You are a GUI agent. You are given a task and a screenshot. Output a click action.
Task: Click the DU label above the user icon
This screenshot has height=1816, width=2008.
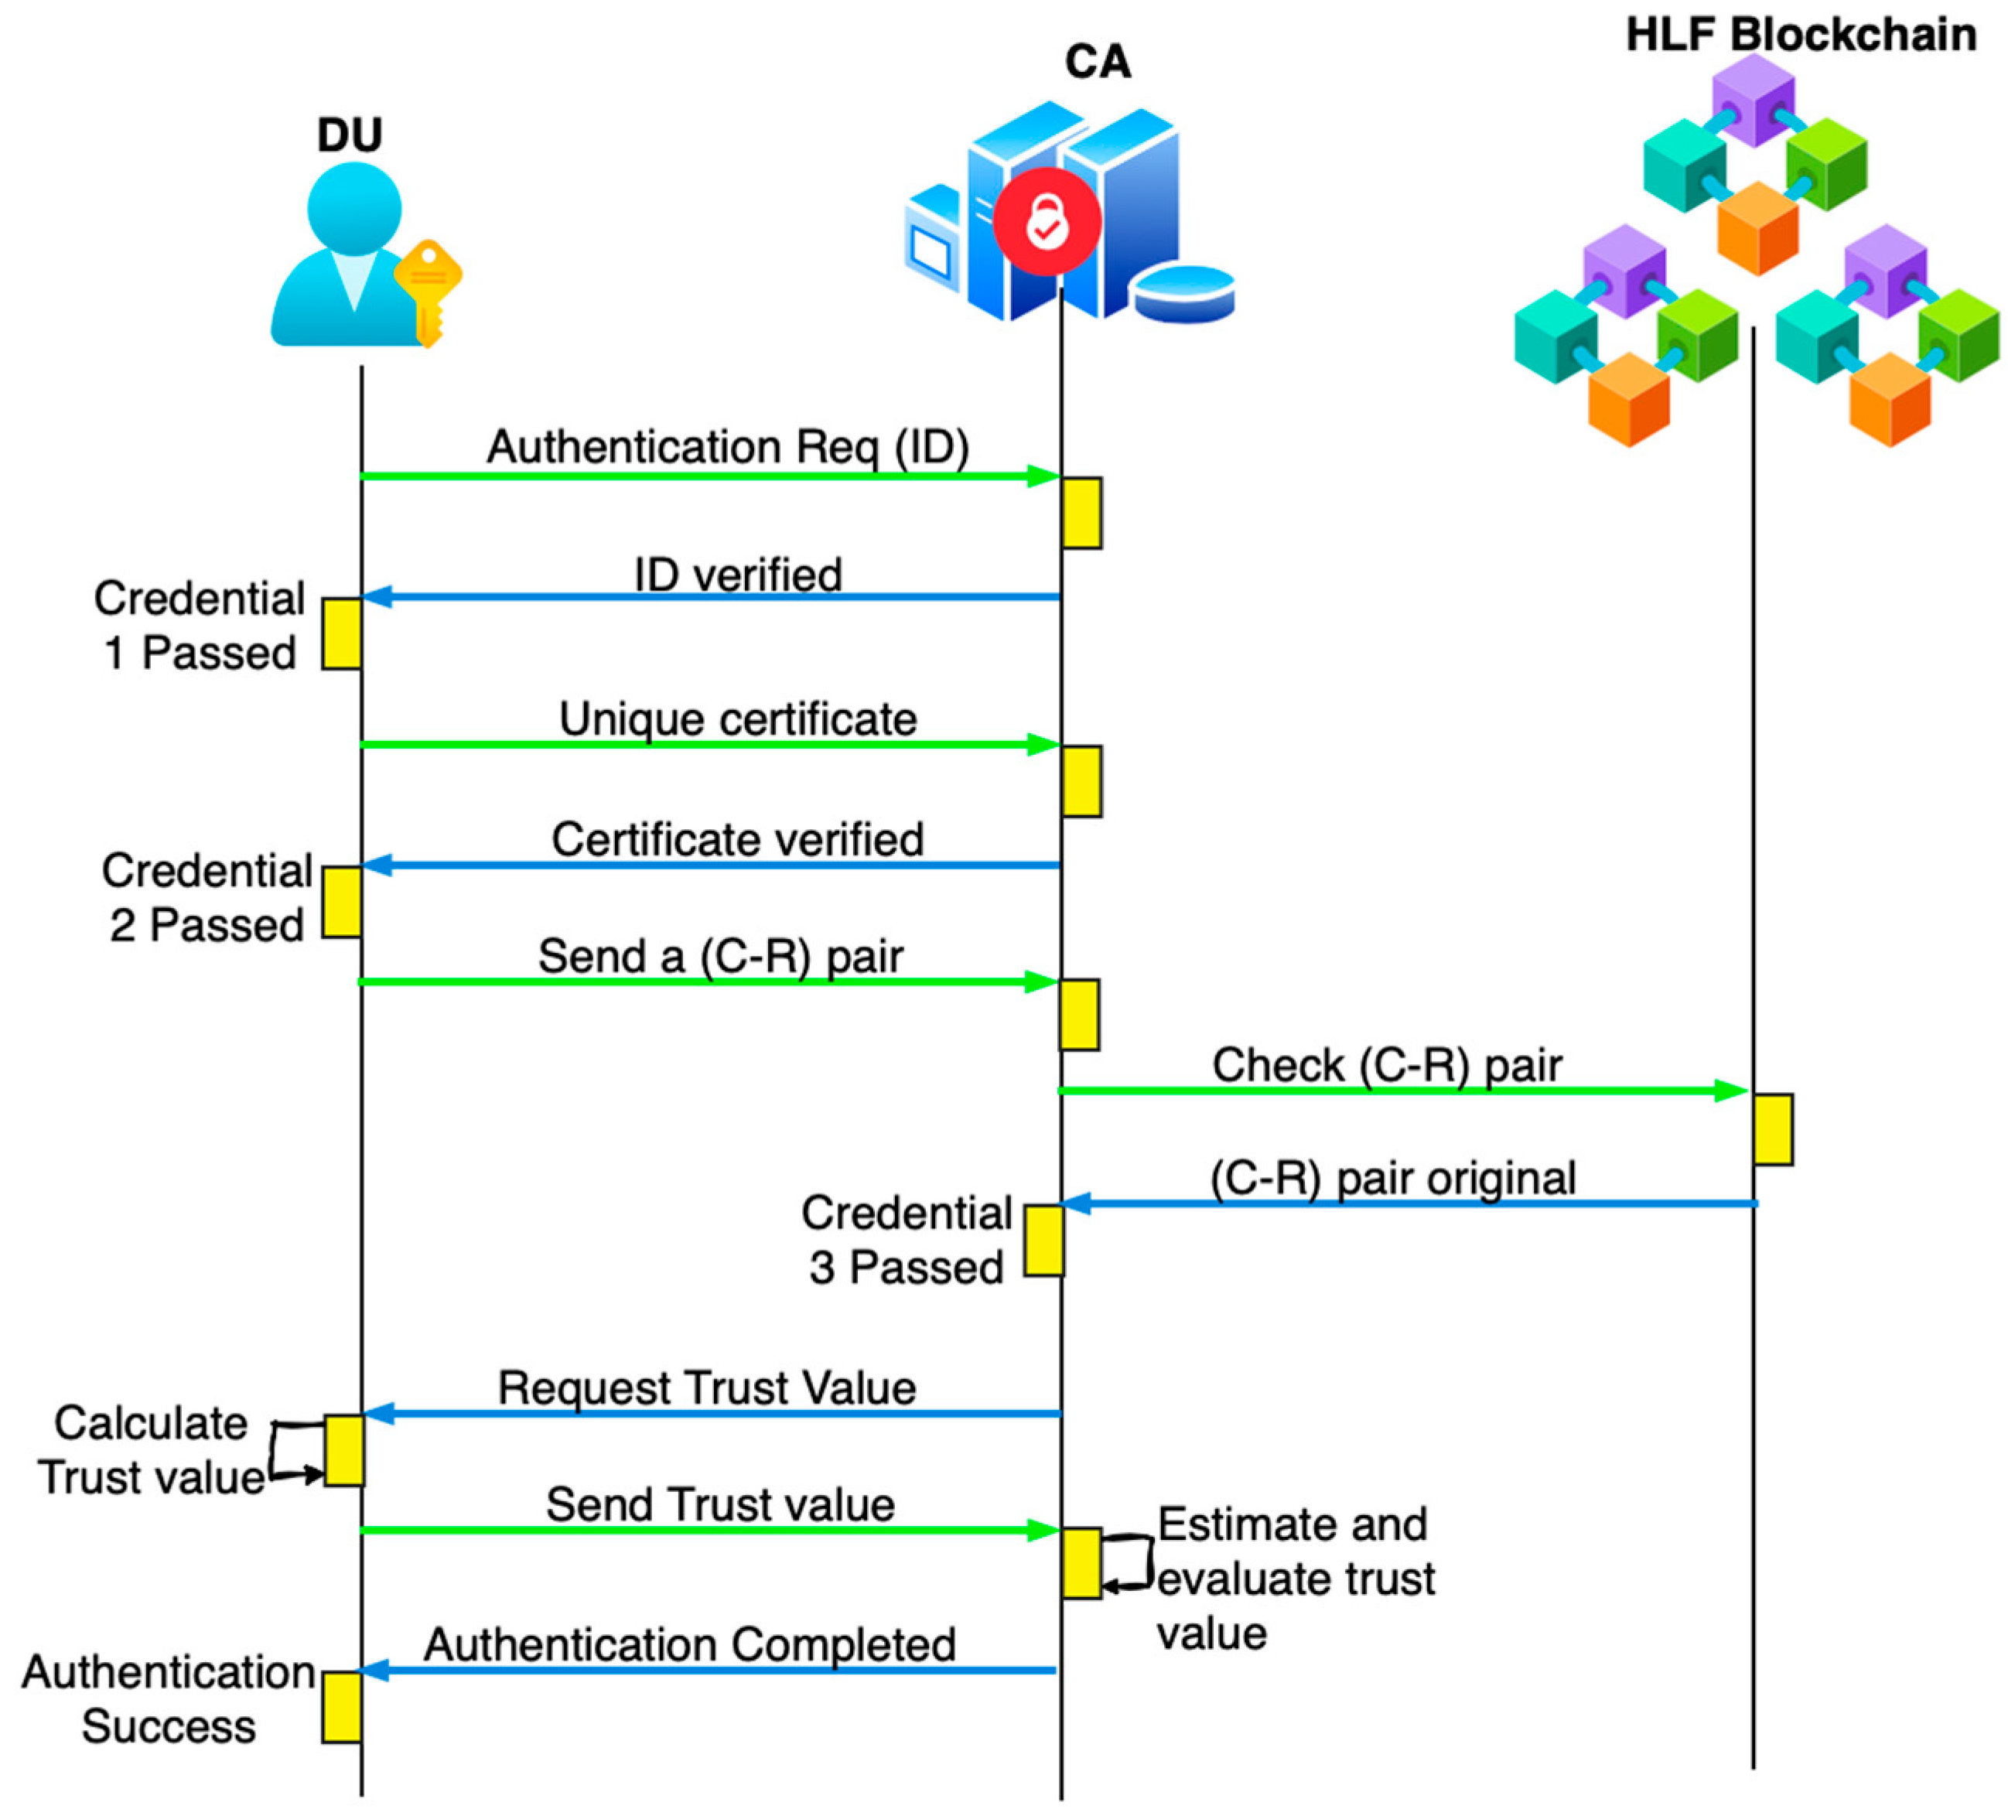pyautogui.click(x=350, y=135)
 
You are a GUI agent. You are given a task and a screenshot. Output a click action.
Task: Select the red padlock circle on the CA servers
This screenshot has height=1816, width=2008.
pyautogui.click(x=1047, y=221)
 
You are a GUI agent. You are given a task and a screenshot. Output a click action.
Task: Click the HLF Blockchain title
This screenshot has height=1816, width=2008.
pyautogui.click(x=1801, y=35)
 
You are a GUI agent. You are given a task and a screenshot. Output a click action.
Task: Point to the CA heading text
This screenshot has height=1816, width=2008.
pyautogui.click(x=1098, y=62)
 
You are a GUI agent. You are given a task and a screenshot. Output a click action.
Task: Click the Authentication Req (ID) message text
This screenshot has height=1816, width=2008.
pyautogui.click(x=728, y=447)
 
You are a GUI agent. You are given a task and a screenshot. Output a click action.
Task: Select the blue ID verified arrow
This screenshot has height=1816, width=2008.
pyautogui.click(x=711, y=598)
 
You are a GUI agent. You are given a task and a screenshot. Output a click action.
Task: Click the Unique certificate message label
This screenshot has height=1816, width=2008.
pyautogui.click(x=738, y=719)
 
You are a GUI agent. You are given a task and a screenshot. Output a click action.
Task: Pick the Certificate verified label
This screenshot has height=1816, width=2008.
pyautogui.click(x=738, y=840)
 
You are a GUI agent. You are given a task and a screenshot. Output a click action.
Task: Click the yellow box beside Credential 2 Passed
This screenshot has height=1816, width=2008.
pyautogui.click(x=342, y=902)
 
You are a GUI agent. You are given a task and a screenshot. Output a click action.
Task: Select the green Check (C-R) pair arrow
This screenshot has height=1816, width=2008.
pyautogui.click(x=1403, y=1091)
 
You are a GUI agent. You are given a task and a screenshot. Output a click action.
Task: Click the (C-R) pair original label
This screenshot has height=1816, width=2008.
pyautogui.click(x=1393, y=1179)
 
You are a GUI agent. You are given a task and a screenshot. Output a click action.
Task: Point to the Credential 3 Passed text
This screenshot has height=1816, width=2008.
pyautogui.click(x=907, y=1241)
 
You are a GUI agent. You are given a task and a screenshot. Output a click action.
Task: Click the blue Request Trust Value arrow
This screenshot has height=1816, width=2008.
pyautogui.click(x=713, y=1414)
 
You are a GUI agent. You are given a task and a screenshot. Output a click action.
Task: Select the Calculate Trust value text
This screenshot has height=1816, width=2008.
pyautogui.click(x=152, y=1450)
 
